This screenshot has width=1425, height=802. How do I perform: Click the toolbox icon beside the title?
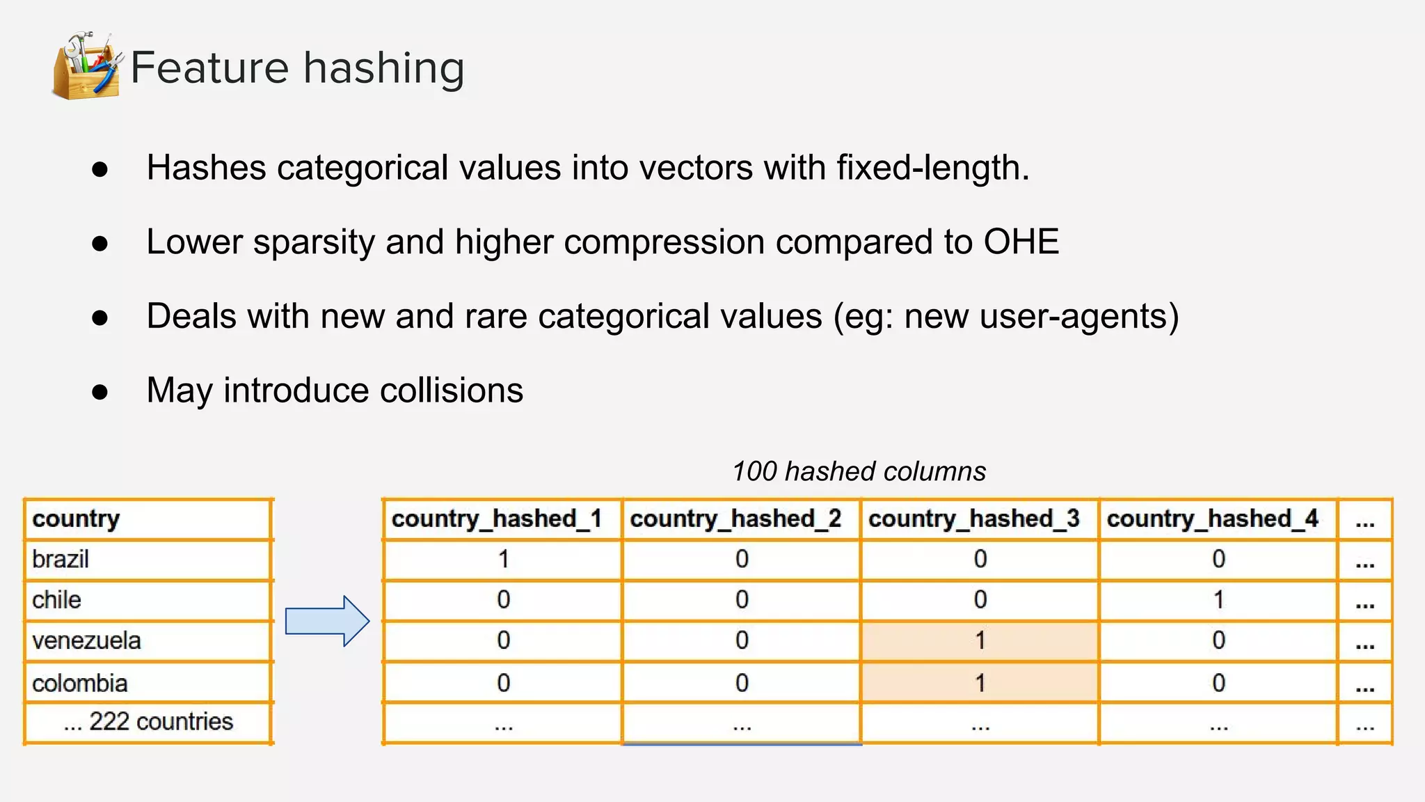[x=87, y=66]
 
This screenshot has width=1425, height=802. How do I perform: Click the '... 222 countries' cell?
[x=148, y=722]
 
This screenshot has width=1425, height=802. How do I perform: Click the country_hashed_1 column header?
[x=496, y=519]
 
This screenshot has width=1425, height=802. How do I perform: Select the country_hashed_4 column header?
[x=1212, y=519]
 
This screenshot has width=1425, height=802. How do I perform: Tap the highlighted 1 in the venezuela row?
[x=980, y=640]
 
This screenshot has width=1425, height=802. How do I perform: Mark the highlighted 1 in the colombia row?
[x=980, y=683]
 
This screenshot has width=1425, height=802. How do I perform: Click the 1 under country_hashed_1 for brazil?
[x=503, y=559]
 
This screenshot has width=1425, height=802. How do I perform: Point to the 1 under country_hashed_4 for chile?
[x=1218, y=599]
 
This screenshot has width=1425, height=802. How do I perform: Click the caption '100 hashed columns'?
[x=859, y=471]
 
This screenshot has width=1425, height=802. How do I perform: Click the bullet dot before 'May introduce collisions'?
[x=100, y=391]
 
